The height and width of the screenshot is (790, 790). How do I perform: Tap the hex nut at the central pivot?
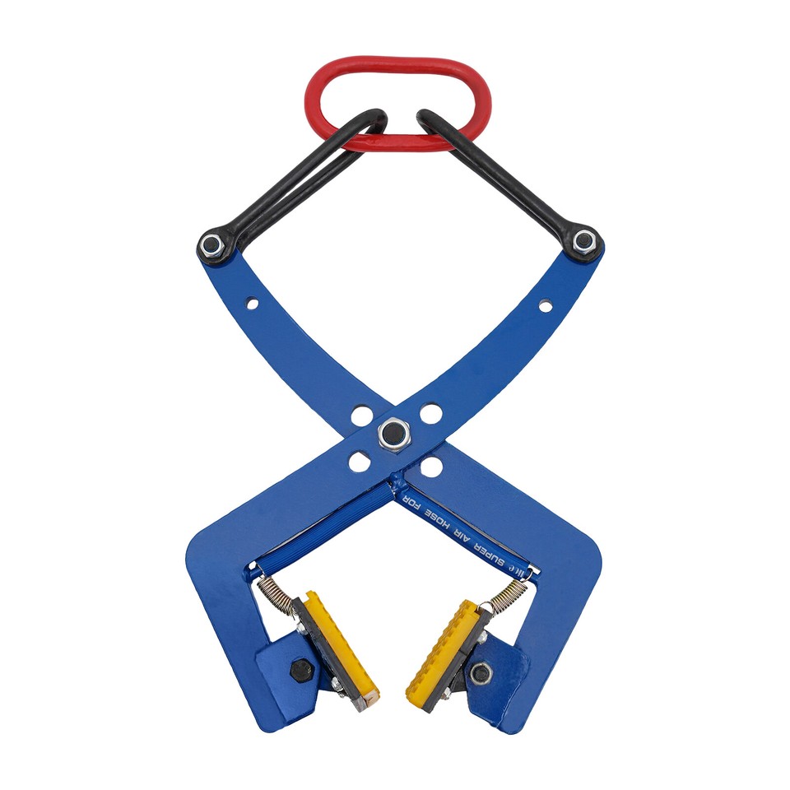point(394,433)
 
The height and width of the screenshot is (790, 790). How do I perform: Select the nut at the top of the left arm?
point(211,244)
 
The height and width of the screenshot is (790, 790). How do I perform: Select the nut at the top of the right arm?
point(584,241)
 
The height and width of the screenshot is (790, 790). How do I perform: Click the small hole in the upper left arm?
point(251,304)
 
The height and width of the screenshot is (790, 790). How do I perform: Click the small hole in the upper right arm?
point(545,306)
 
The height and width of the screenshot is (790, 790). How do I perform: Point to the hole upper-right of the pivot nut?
point(430,413)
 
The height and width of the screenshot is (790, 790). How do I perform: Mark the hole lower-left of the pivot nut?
point(359,462)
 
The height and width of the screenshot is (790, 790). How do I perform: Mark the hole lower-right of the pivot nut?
point(430,467)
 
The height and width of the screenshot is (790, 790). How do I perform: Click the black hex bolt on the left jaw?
point(301,670)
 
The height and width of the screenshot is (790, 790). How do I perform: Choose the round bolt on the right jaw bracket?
point(481,673)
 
